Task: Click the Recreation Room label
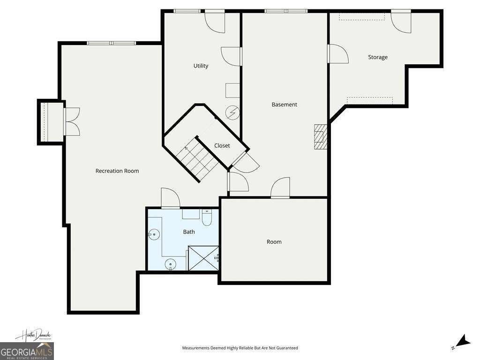tap(117, 171)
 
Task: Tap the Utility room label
tap(201, 66)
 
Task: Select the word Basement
tap(284, 105)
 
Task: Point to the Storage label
tap(377, 57)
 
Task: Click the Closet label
tap(222, 146)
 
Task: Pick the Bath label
tap(189, 232)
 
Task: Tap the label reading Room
tap(274, 242)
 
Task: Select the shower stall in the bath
tap(203, 258)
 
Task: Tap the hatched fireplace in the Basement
tap(320, 136)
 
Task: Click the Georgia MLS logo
tap(27, 351)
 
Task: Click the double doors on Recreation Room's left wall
tap(72, 122)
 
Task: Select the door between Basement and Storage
tap(338, 53)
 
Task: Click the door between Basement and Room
tap(280, 188)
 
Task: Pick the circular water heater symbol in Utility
tap(232, 112)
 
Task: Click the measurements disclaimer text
tap(240, 348)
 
